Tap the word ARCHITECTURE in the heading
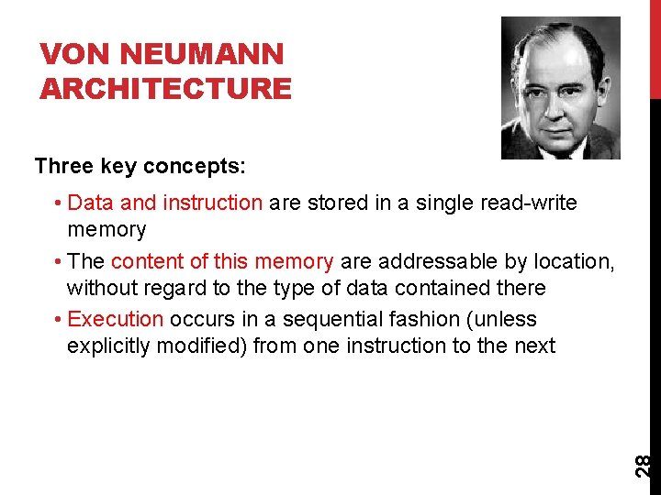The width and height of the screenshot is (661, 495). coord(166,89)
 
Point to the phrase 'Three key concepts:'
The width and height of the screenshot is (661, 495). coord(140,166)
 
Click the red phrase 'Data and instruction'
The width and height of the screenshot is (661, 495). coord(165,203)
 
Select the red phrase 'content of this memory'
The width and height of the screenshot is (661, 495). coord(222,261)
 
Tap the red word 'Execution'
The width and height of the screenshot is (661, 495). coord(116,319)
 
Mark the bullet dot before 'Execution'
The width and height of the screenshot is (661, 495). coord(58,320)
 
